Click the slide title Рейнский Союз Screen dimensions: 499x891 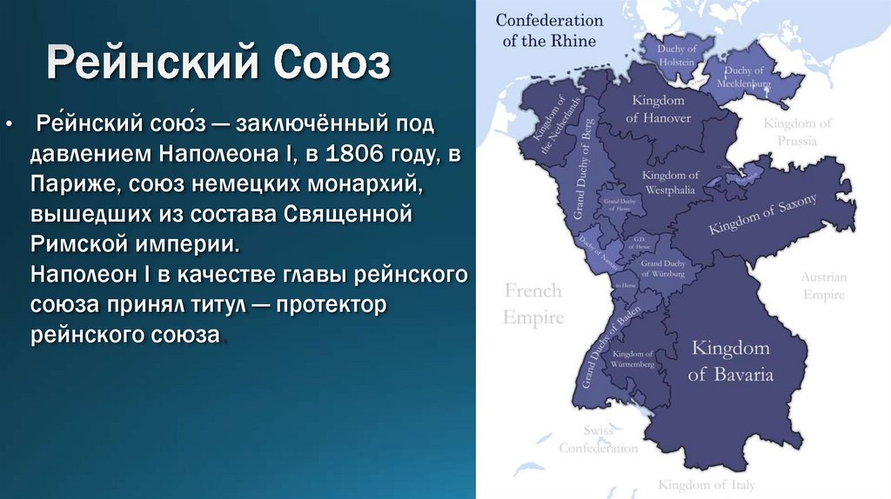[218, 65]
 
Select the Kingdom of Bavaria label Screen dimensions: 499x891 [730, 362]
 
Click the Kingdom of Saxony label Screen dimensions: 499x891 [762, 215]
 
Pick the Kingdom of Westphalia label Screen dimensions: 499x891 [670, 182]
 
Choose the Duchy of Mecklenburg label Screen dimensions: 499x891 [743, 77]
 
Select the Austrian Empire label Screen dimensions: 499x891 [823, 286]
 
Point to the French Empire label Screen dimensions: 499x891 [533, 303]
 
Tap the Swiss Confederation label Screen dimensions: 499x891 [598, 440]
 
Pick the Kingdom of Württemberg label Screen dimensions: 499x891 [633, 359]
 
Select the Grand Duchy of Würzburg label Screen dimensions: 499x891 [663, 269]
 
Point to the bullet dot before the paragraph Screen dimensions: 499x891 [9, 124]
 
